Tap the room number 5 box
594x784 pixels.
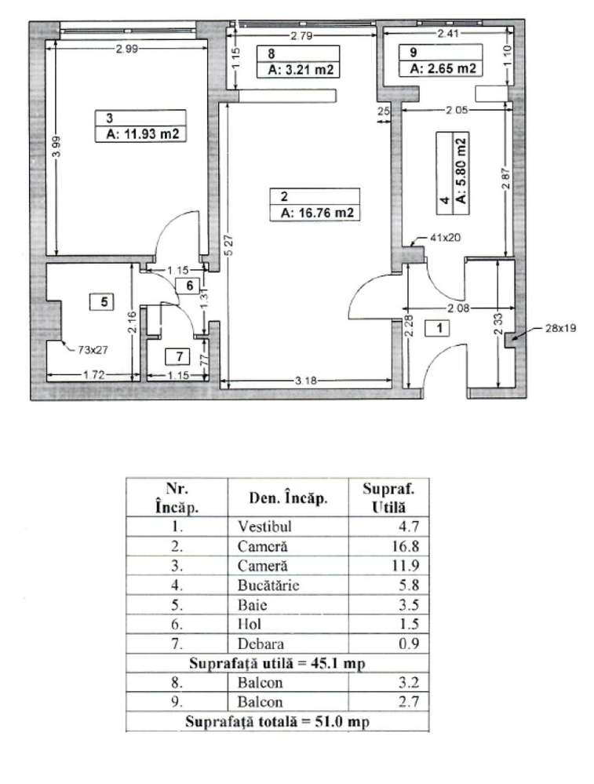tap(103, 300)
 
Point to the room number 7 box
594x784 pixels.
tap(178, 355)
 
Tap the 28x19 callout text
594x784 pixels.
tap(559, 329)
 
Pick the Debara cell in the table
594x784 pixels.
tap(253, 642)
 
